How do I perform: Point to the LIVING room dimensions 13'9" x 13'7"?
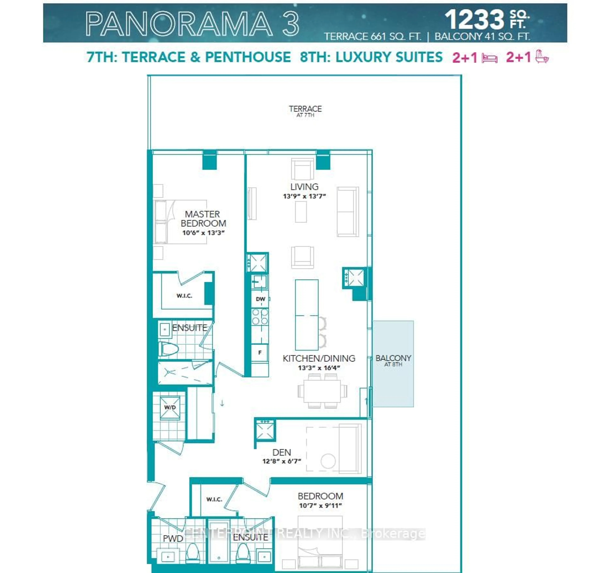(x=304, y=196)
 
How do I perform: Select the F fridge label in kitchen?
(x=260, y=352)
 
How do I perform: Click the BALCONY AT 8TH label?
(x=393, y=360)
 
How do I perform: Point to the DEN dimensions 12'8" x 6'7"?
(x=282, y=461)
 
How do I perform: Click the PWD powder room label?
(x=173, y=539)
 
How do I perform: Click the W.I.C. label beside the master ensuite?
(x=184, y=296)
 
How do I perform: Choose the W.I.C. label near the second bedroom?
(x=214, y=499)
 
